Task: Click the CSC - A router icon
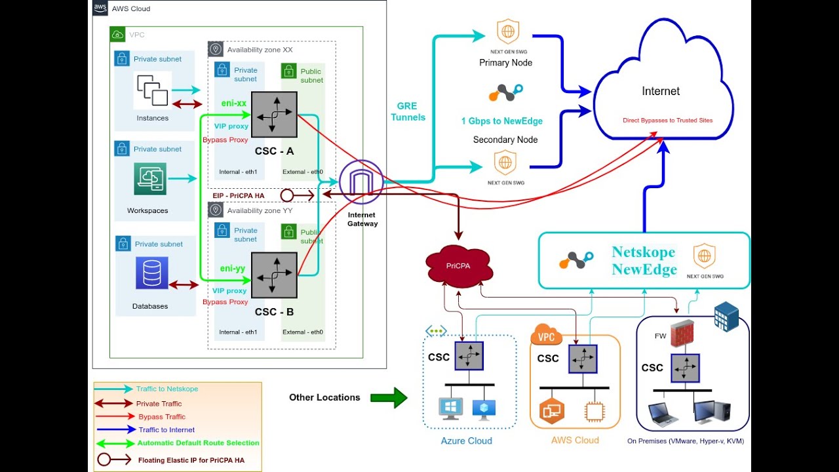tap(274, 115)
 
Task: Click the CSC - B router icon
tap(274, 276)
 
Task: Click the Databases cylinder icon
tap(152, 273)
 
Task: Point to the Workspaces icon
tap(150, 179)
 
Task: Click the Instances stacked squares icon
tap(152, 90)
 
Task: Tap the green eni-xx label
tap(233, 103)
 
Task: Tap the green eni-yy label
tap(233, 268)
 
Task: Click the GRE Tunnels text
tap(408, 111)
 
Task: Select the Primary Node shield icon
tap(507, 31)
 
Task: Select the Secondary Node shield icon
tap(505, 161)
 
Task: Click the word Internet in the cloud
tap(661, 91)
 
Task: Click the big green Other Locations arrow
tap(389, 397)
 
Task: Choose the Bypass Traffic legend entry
tap(161, 416)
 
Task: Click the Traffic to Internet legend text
tap(166, 429)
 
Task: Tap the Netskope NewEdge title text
tap(644, 260)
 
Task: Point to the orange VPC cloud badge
tap(546, 336)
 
